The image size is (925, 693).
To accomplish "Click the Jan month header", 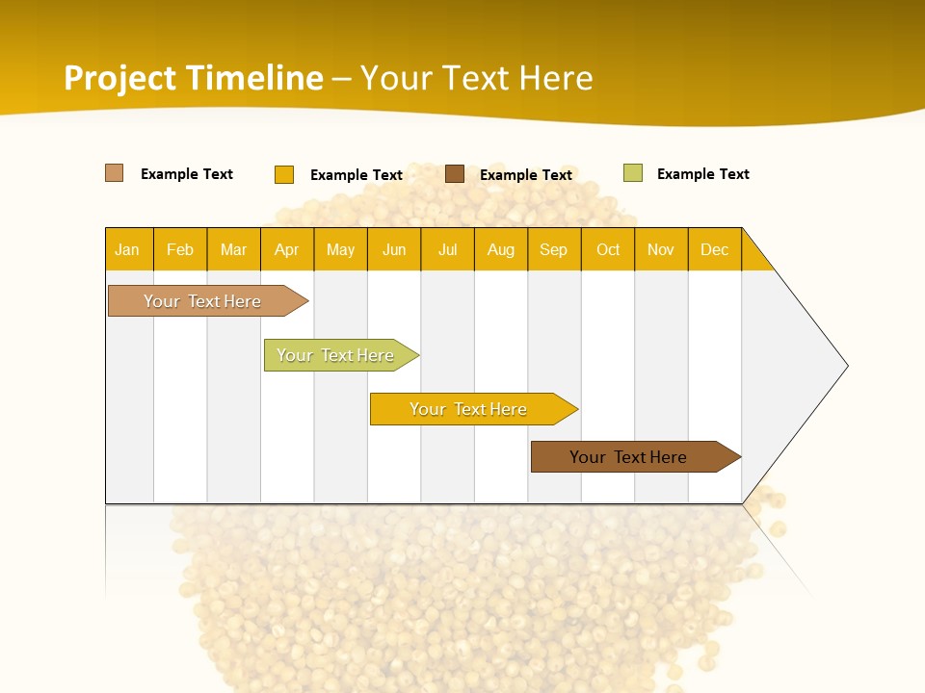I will click(x=127, y=249).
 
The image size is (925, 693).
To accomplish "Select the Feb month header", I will click(x=180, y=249).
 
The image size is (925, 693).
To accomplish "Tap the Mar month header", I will click(x=233, y=249).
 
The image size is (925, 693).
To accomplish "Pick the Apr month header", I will click(x=286, y=249).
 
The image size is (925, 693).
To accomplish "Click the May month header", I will click(x=340, y=249).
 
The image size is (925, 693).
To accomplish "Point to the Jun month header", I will click(x=394, y=249).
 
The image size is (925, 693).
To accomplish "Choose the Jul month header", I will click(x=447, y=249).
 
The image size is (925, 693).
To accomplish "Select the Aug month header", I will click(x=500, y=249).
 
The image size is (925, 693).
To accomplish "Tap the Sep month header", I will click(x=553, y=249).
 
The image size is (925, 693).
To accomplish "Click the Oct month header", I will click(x=608, y=249).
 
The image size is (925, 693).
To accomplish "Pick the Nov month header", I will click(x=661, y=249).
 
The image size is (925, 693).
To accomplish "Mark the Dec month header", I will click(x=714, y=249).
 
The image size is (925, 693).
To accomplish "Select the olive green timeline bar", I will click(x=338, y=355).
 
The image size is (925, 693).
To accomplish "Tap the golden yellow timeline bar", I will click(x=470, y=409).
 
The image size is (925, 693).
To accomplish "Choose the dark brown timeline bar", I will click(x=631, y=457).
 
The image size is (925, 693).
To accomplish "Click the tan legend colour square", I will click(x=115, y=173).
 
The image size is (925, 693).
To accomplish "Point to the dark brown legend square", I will click(x=455, y=174).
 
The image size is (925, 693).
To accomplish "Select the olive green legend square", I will click(x=633, y=173).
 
